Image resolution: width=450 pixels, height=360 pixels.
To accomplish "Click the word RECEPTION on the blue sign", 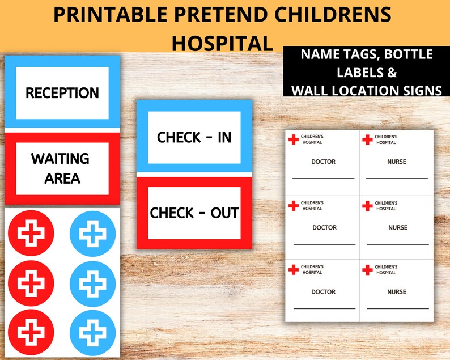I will (x=62, y=93).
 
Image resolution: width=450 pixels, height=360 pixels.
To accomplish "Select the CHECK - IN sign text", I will (x=194, y=137).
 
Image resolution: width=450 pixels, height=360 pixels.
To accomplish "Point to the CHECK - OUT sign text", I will (x=194, y=213).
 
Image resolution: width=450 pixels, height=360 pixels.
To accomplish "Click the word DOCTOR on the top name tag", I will (x=323, y=162).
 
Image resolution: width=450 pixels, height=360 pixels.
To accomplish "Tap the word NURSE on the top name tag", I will (x=397, y=162).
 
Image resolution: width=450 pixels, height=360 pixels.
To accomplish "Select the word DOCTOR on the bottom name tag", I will (x=323, y=292).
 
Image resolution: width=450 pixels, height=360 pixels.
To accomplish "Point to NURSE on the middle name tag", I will (x=397, y=228).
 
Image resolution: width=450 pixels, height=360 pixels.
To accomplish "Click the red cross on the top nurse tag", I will (x=367, y=139).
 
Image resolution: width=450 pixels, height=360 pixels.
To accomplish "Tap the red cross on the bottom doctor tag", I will (x=293, y=270).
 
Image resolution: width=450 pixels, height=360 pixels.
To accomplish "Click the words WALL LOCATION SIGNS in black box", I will (x=367, y=90).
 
